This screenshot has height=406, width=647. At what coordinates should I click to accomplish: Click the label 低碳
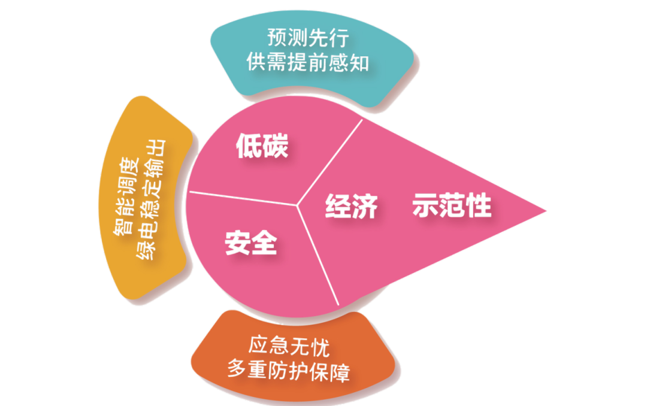262,146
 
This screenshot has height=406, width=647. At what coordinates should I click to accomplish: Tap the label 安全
251,242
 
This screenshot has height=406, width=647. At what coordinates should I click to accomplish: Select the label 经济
352,205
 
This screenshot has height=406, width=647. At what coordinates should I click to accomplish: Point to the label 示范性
452,205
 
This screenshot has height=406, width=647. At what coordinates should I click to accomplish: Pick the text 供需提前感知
308,62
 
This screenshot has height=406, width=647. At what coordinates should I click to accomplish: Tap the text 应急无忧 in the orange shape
289,347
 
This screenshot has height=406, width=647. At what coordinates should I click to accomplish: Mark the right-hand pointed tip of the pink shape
546,210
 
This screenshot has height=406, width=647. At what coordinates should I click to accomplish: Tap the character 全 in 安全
264,242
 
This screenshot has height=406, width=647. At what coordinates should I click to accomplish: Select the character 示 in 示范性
427,205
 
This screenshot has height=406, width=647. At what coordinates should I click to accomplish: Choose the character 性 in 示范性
479,205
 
